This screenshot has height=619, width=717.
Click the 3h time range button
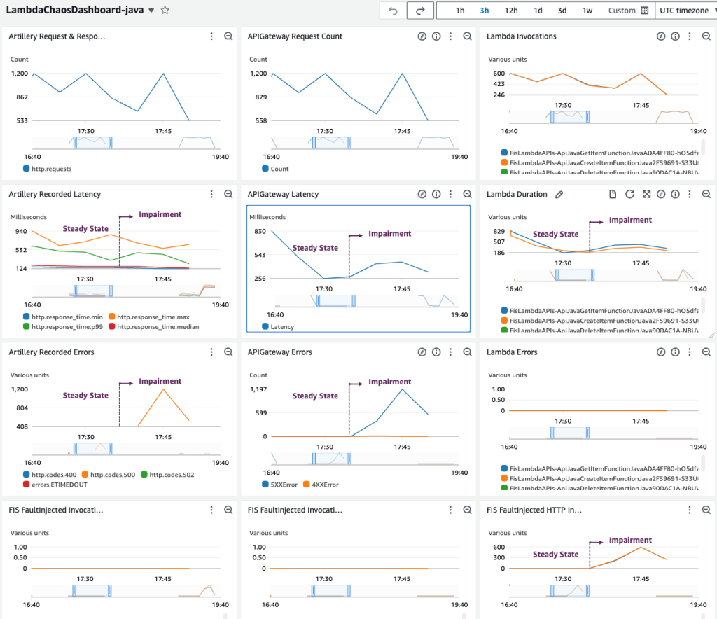coord(485,11)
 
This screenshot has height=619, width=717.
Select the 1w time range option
coord(587,11)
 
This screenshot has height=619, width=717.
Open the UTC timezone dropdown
coord(685,11)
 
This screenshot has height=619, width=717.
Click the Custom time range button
coord(627,11)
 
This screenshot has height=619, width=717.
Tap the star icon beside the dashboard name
coord(165,11)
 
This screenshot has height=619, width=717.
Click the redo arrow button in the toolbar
coord(420,11)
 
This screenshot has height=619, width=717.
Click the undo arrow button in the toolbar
coord(393,11)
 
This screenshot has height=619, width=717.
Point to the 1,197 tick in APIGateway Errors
coord(259,389)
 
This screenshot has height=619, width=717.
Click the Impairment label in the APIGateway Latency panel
coord(390,234)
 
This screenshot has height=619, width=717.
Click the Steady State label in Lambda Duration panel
coord(555,235)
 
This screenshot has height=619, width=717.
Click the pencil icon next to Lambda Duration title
coord(559,194)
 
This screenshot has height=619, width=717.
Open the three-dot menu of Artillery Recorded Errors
coord(211,352)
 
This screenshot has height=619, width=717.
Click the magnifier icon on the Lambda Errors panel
coord(706,352)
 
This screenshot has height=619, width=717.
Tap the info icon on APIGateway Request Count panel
coord(436,36)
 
